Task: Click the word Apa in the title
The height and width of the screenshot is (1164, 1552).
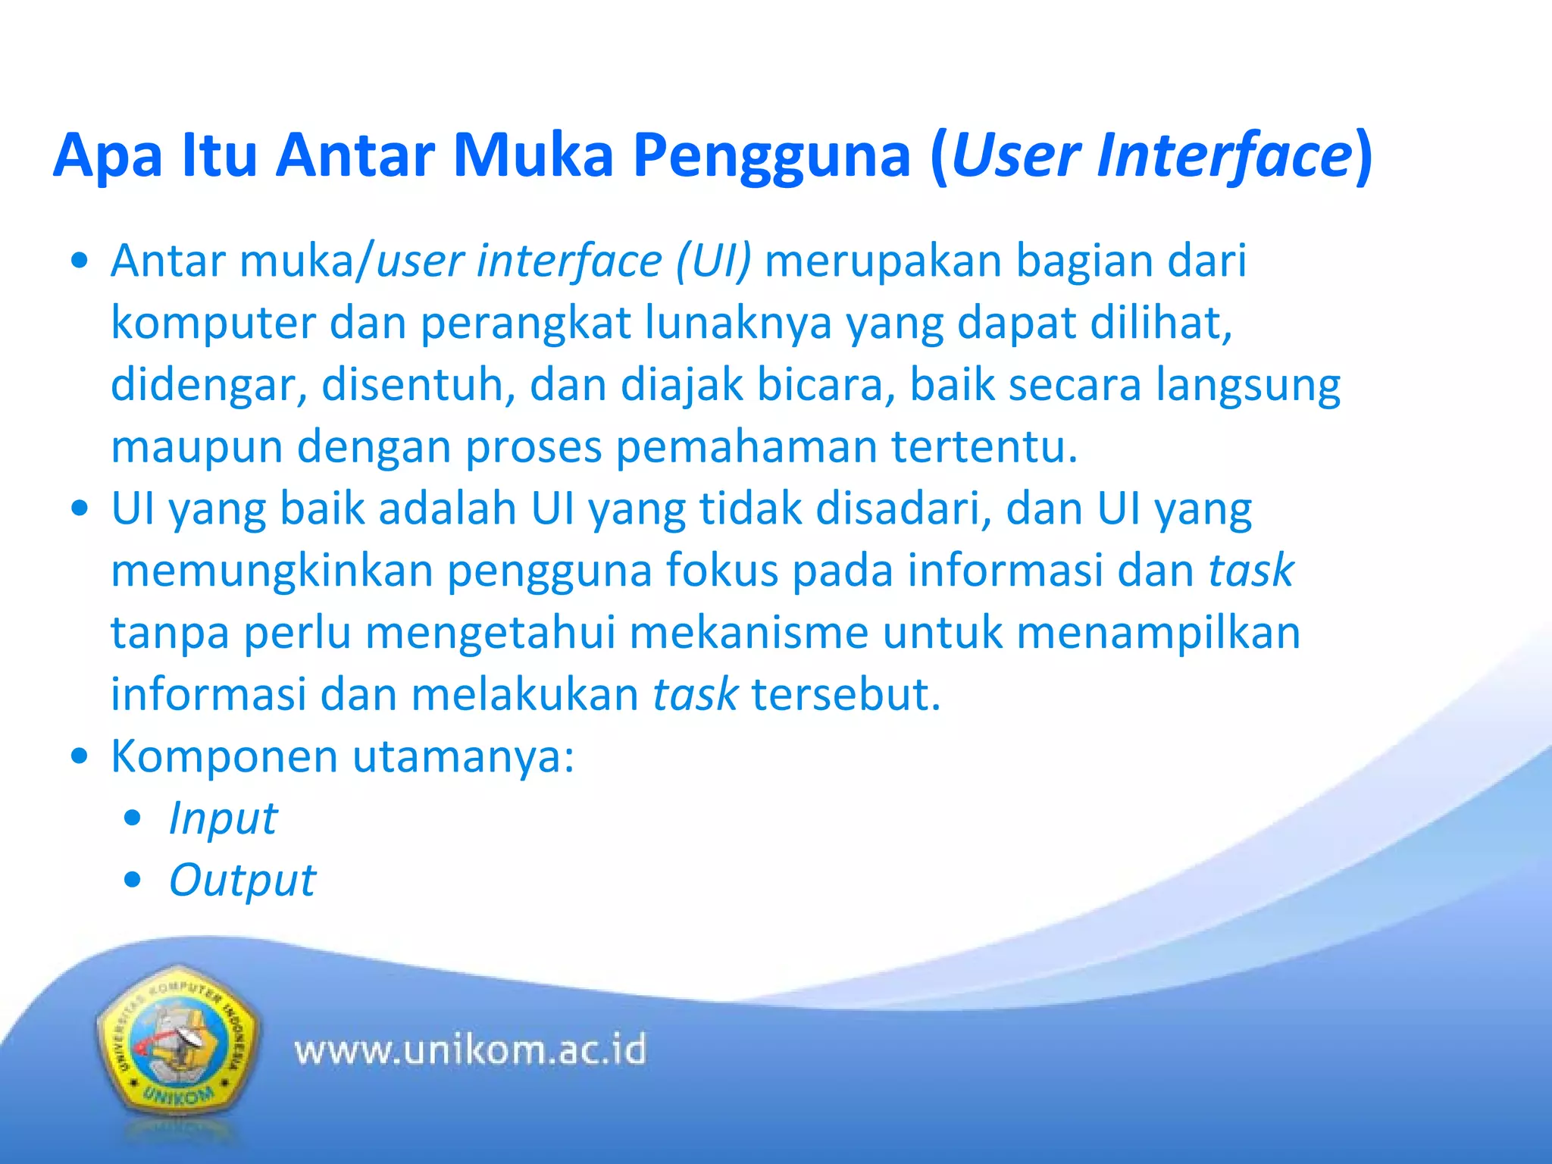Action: pyautogui.click(x=108, y=157)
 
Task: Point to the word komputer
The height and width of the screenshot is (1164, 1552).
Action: pyautogui.click(x=213, y=324)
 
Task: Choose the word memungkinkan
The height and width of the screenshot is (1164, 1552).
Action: pyautogui.click(x=272, y=571)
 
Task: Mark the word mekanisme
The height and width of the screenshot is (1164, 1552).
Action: pyautogui.click(x=749, y=633)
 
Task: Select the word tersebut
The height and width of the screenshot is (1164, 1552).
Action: pyautogui.click(x=846, y=695)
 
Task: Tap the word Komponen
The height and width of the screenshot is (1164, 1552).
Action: pyautogui.click(x=224, y=756)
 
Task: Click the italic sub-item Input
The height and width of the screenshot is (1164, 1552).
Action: pyautogui.click(x=223, y=819)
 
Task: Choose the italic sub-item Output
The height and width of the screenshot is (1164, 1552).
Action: pyautogui.click(x=242, y=881)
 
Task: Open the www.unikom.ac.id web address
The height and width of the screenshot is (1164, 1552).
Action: pyautogui.click(x=470, y=1050)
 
